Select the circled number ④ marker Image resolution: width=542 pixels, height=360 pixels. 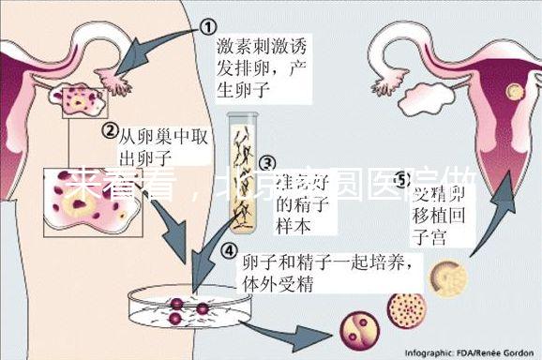tap(229, 249)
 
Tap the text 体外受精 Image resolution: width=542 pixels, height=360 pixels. tap(273, 281)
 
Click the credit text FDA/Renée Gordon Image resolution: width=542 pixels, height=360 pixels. tap(498, 352)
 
